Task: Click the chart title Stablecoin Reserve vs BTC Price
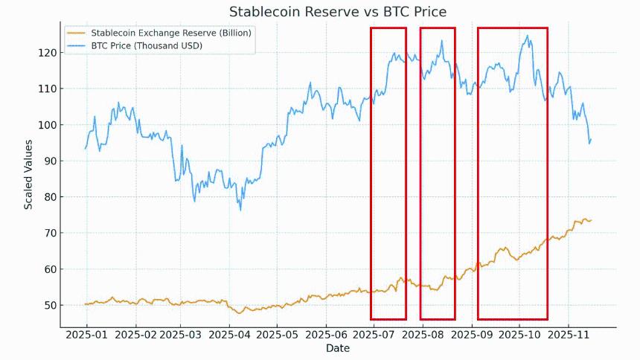pyautogui.click(x=338, y=12)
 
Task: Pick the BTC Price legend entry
pyautogui.click(x=147, y=45)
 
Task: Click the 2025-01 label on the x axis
pyautogui.click(x=86, y=335)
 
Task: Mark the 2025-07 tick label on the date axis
pyautogui.click(x=374, y=335)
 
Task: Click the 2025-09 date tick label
pyautogui.click(x=472, y=335)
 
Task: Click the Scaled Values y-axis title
pyautogui.click(x=28, y=179)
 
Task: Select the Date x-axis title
pyautogui.click(x=338, y=348)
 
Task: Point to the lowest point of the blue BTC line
pyautogui.click(x=240, y=210)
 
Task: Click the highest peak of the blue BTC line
pyautogui.click(x=528, y=35)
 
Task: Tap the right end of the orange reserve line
pyautogui.click(x=591, y=220)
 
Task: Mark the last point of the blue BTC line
pyautogui.click(x=591, y=139)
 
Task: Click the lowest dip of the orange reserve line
pyautogui.click(x=239, y=313)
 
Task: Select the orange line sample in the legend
pyautogui.click(x=77, y=33)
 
